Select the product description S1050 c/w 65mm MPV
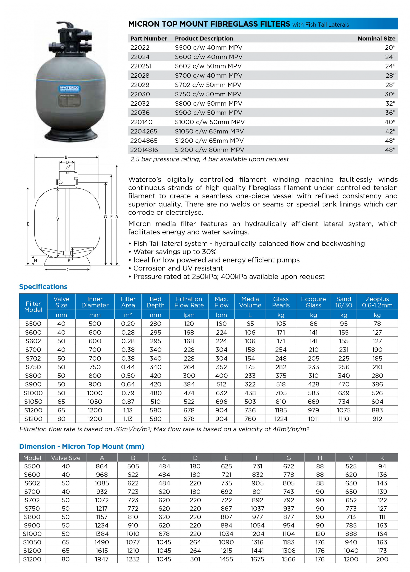[x=209, y=131]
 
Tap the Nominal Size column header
[x=376, y=39]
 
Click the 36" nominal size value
[x=390, y=113]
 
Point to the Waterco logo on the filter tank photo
[x=69, y=88]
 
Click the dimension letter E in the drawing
[x=28, y=224]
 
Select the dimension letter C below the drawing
[x=68, y=270]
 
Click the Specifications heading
[x=43, y=287]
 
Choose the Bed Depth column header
[x=156, y=302]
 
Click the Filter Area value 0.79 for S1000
[x=128, y=393]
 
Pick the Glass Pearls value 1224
[x=280, y=419]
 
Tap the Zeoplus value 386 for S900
[x=377, y=384]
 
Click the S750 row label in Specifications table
[x=33, y=367]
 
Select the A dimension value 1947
[x=102, y=559]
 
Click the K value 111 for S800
[x=382, y=517]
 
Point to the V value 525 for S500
[x=351, y=466]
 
